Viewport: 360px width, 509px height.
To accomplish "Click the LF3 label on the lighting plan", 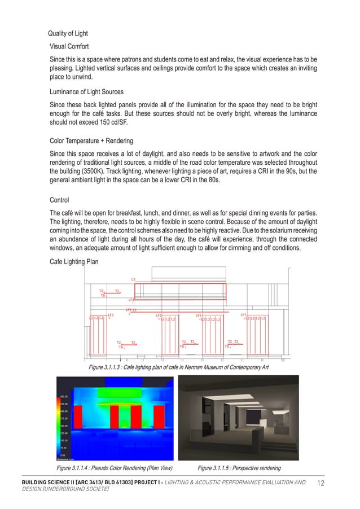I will click(111, 315).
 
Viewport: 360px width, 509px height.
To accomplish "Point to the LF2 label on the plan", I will click(159, 315).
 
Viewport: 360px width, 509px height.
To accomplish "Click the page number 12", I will click(321, 484).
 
